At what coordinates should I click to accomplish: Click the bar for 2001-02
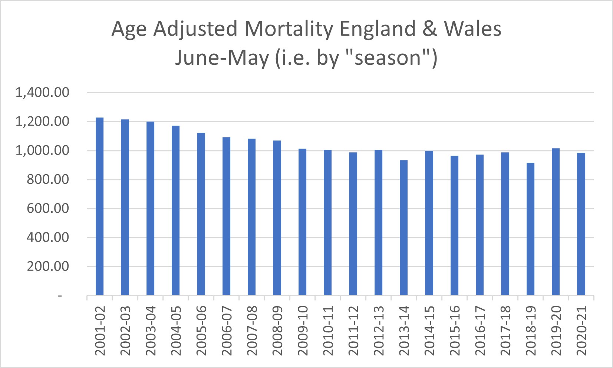point(99,206)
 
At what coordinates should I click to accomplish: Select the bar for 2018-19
point(530,229)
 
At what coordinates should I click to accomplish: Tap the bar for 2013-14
point(403,228)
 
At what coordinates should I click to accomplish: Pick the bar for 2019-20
point(556,222)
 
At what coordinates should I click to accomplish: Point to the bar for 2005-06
point(201,214)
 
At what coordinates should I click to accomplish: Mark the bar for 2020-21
point(581,224)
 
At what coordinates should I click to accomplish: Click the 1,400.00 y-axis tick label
point(42,92)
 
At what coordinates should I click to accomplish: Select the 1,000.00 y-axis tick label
point(42,150)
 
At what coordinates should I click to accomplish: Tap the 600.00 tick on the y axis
point(48,208)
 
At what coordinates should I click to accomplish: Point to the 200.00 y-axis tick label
point(48,266)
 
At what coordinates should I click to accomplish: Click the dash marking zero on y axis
point(60,296)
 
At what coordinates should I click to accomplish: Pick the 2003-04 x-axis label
point(151,331)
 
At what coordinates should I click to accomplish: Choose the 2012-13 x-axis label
point(378,331)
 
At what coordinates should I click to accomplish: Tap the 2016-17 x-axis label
point(480,331)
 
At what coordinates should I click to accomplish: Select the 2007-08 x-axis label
point(252,331)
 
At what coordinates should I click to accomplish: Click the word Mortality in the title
point(289,29)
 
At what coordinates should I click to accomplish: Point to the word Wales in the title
point(473,29)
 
